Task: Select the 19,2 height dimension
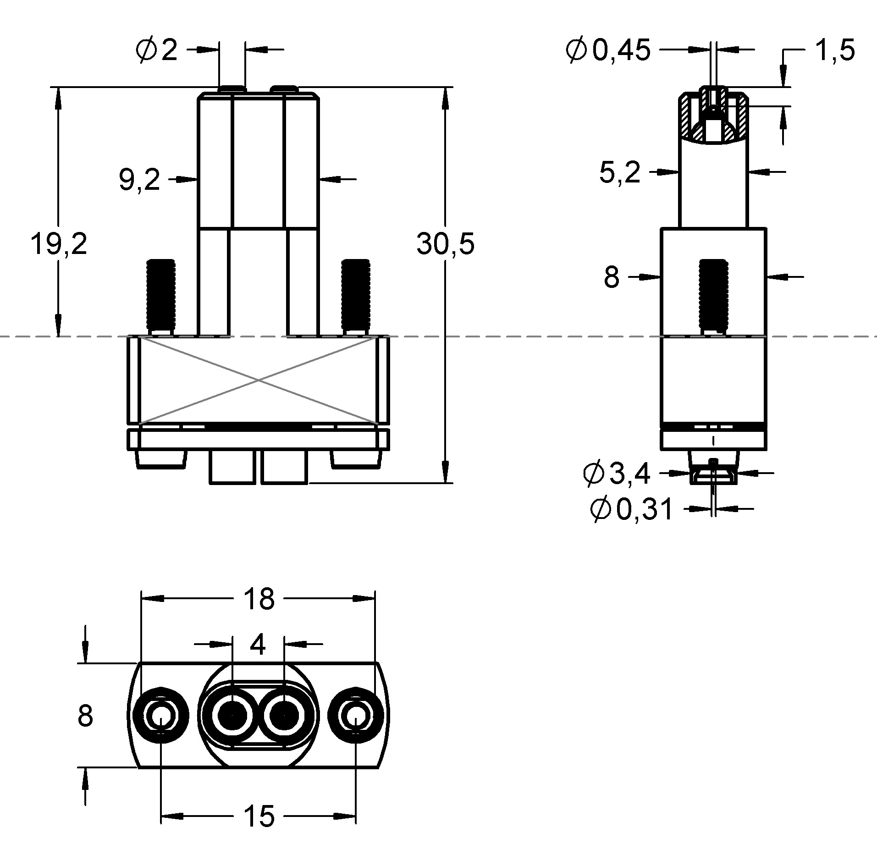point(58,243)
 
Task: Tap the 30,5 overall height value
point(445,243)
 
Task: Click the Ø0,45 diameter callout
point(608,50)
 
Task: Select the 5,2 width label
point(619,173)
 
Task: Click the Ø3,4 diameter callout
point(617,474)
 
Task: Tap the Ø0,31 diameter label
point(632,509)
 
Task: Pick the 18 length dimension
point(259,599)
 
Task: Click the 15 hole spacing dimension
point(259,816)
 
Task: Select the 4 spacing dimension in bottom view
point(258,645)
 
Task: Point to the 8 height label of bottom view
point(85,716)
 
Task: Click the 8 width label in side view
point(612,277)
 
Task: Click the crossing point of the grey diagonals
point(259,380)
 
